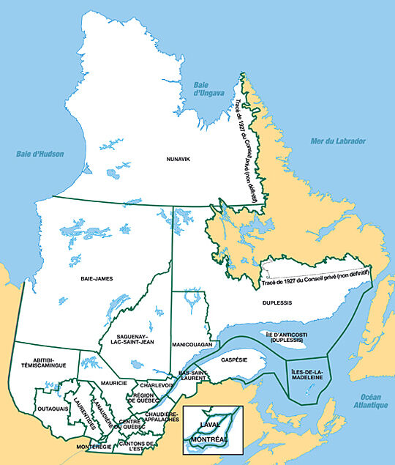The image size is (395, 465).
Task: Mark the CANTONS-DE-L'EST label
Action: (x=136, y=447)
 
